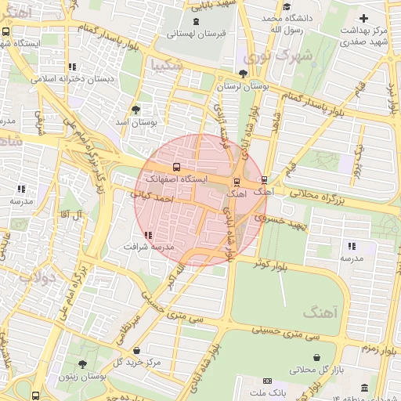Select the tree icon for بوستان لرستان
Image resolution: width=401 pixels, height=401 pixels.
(244, 74)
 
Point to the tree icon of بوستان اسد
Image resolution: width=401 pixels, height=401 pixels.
(136, 110)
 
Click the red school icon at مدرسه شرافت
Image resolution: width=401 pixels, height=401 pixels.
(148, 235)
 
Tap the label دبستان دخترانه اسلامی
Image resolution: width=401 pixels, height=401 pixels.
(72, 79)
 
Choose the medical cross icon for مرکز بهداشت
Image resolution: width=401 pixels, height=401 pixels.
(363, 18)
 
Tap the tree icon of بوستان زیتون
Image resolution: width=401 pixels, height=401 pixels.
(82, 364)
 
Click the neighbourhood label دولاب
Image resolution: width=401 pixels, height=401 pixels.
(38, 276)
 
